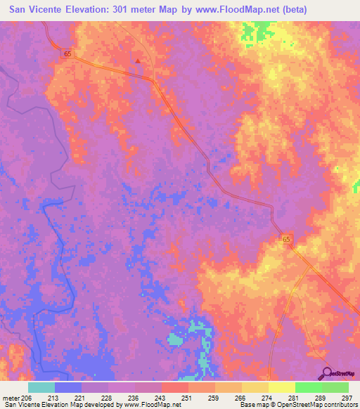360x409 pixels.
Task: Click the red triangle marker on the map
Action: click(138, 60)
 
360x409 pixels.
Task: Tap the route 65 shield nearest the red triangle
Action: click(67, 53)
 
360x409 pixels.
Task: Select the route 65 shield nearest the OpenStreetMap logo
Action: click(287, 240)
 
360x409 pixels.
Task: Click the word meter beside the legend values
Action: click(10, 397)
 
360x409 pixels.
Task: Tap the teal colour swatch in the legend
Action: click(41, 387)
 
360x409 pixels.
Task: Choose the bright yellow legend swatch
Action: click(281, 387)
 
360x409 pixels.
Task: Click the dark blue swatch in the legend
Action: click(68, 387)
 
